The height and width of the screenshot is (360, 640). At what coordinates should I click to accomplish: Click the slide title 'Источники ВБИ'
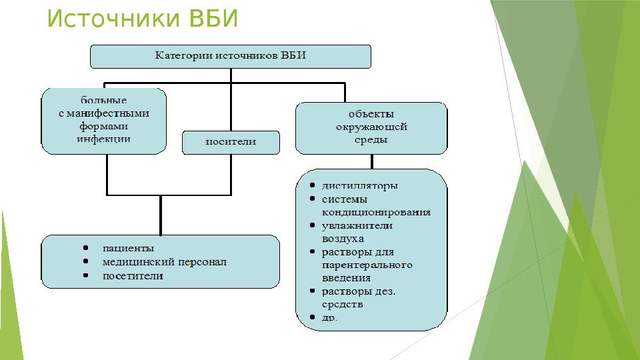coord(142,19)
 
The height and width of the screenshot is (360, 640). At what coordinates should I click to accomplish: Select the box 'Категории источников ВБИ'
coord(230,56)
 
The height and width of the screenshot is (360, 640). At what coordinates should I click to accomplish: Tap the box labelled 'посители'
coord(231,142)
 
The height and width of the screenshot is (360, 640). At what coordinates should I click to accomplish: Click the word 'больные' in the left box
coord(104,101)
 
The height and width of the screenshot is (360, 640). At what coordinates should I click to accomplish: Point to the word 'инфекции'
coord(103,139)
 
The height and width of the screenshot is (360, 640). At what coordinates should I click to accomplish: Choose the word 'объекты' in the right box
coord(371,113)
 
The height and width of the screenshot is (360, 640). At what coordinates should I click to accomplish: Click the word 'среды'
coord(371,140)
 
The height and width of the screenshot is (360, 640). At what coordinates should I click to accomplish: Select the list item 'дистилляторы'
coord(359,185)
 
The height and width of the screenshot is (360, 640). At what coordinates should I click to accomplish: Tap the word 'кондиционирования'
coord(376,212)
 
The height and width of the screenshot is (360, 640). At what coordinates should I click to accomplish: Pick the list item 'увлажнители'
coord(357,225)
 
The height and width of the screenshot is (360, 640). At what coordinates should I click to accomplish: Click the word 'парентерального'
coord(367,265)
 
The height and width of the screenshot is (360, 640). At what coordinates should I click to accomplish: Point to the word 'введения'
coord(346,277)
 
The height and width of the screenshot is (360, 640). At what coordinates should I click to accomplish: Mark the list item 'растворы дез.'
coord(359,291)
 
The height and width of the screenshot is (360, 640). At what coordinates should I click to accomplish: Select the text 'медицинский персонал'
coord(164,262)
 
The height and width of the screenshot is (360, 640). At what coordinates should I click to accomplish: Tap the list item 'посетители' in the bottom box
coord(132,275)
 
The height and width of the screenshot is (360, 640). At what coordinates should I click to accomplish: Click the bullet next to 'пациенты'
coord(87,249)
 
